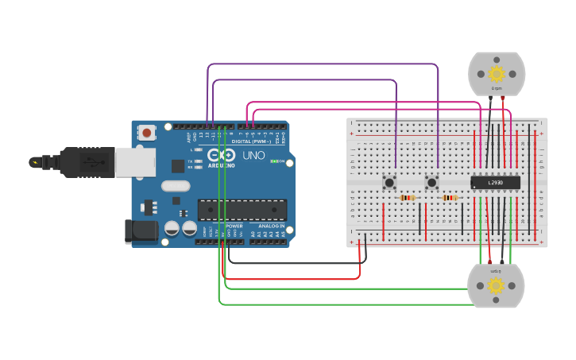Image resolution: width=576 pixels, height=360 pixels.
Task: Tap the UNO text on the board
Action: coord(253,155)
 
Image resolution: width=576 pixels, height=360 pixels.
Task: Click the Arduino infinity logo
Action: coord(226,155)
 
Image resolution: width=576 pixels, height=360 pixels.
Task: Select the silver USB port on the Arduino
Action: coord(135,161)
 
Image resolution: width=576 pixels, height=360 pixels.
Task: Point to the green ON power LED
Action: coord(273,161)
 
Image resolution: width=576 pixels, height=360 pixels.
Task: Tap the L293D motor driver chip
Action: coord(495,183)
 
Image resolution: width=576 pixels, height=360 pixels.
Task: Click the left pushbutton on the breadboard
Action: coord(390,183)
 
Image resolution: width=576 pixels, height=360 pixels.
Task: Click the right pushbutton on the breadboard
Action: coord(432,183)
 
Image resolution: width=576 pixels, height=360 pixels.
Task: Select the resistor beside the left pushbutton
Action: coord(408,198)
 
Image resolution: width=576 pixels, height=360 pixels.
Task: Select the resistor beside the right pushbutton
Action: coord(450,198)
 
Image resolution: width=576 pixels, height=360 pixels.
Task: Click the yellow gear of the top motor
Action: coord(497,74)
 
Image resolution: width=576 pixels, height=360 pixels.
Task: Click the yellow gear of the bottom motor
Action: coord(496,285)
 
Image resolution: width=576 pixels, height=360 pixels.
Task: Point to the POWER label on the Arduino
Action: coord(234,226)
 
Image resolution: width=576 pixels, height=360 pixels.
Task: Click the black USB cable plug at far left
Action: coord(48,162)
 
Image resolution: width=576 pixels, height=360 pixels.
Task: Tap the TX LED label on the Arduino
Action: coord(191,161)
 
